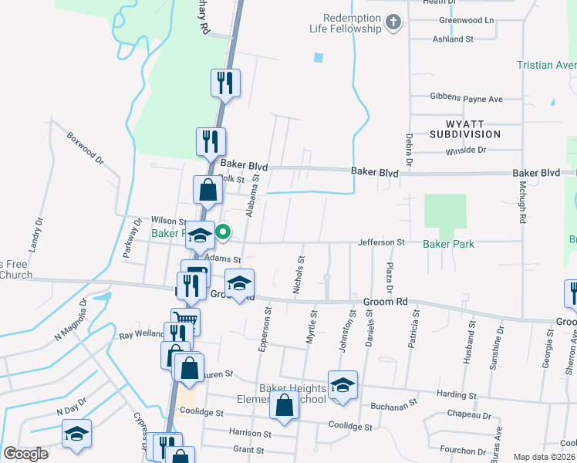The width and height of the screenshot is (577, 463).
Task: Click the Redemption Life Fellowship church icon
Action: pos(393,22)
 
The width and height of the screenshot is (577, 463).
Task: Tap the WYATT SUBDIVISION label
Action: pos(465,128)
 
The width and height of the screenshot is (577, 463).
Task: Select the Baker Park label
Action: pos(448,244)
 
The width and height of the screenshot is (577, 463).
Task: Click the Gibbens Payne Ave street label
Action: pos(466,99)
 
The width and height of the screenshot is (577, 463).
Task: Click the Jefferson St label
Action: pos(381,242)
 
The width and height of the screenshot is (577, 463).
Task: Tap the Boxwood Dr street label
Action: pos(85,150)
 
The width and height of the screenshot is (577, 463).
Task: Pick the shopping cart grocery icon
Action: pos(185,319)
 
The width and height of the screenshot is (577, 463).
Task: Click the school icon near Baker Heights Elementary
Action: pos(342,385)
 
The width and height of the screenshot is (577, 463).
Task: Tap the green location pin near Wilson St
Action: pos(223,231)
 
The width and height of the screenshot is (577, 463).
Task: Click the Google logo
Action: pos(26,454)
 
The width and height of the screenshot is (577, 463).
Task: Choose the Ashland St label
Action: pos(452,39)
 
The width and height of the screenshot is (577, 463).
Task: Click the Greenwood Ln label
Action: pos(465,20)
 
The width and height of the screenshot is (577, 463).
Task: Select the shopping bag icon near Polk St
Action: pos(208,189)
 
